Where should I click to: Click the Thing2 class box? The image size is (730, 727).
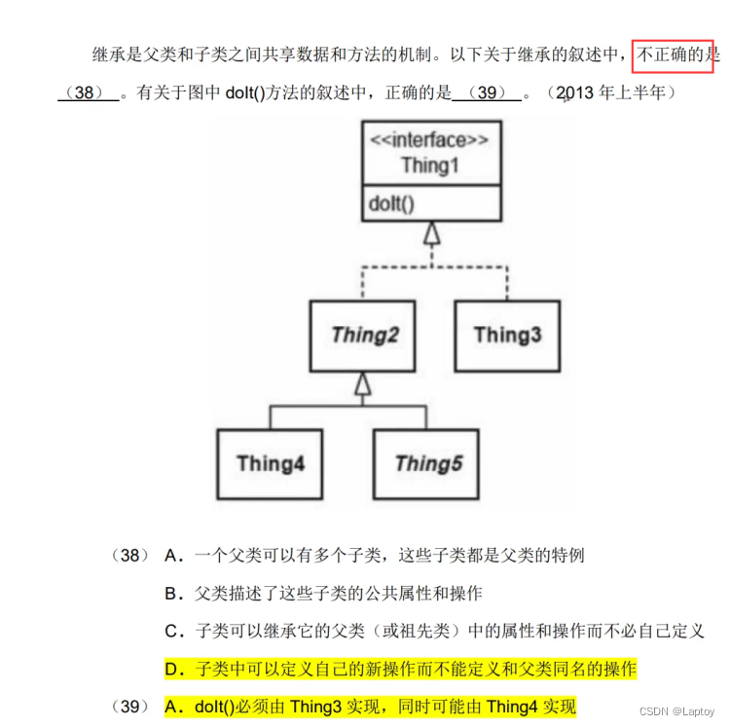point(364,335)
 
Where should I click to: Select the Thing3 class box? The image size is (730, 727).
point(507,335)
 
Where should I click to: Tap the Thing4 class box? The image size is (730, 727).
point(271,463)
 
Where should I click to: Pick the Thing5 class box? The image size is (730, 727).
point(428,463)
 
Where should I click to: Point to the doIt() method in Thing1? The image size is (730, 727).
point(391,203)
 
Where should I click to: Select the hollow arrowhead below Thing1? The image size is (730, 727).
point(430,233)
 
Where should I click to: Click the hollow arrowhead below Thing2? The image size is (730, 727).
point(363,384)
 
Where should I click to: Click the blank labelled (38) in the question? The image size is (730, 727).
point(89,93)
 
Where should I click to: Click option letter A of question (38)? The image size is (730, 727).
point(174,556)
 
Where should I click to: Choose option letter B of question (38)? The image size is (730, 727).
point(174,593)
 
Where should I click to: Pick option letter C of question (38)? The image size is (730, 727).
point(174,631)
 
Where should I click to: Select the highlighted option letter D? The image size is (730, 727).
point(174,669)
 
